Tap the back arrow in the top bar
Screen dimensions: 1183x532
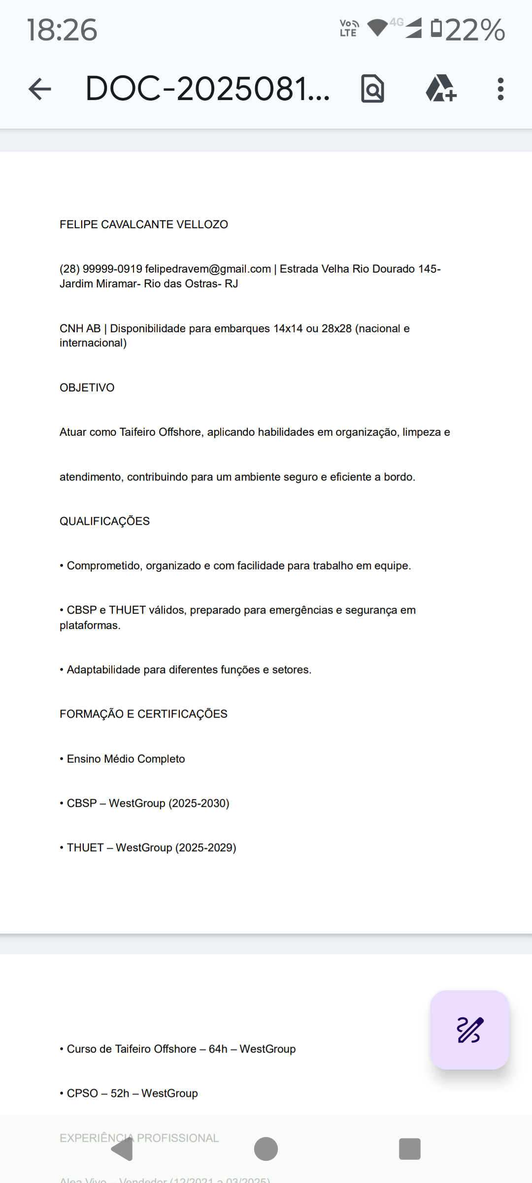(x=40, y=89)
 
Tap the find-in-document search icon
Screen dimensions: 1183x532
(x=372, y=89)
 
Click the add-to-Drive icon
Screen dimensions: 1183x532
(x=441, y=89)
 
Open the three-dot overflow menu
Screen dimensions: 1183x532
(x=500, y=89)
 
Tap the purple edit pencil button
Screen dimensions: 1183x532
(x=469, y=1030)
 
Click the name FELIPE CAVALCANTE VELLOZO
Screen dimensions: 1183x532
(x=144, y=225)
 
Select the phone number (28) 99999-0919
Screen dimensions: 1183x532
(x=101, y=269)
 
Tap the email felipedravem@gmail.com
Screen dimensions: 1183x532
(x=208, y=269)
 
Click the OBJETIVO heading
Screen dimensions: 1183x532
(x=87, y=388)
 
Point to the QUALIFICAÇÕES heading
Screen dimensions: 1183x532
(x=105, y=522)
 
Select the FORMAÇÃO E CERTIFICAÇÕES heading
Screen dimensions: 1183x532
(x=144, y=714)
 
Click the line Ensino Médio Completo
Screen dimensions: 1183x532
(x=126, y=759)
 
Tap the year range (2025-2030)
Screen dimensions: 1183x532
(x=199, y=803)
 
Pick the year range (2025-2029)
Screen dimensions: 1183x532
(x=206, y=848)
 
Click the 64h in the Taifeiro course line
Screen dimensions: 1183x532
(x=218, y=1049)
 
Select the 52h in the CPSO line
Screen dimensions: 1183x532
(x=120, y=1093)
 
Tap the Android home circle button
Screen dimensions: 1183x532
(x=266, y=1149)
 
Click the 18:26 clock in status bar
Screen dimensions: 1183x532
(x=62, y=30)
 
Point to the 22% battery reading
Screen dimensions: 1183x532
(x=475, y=30)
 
